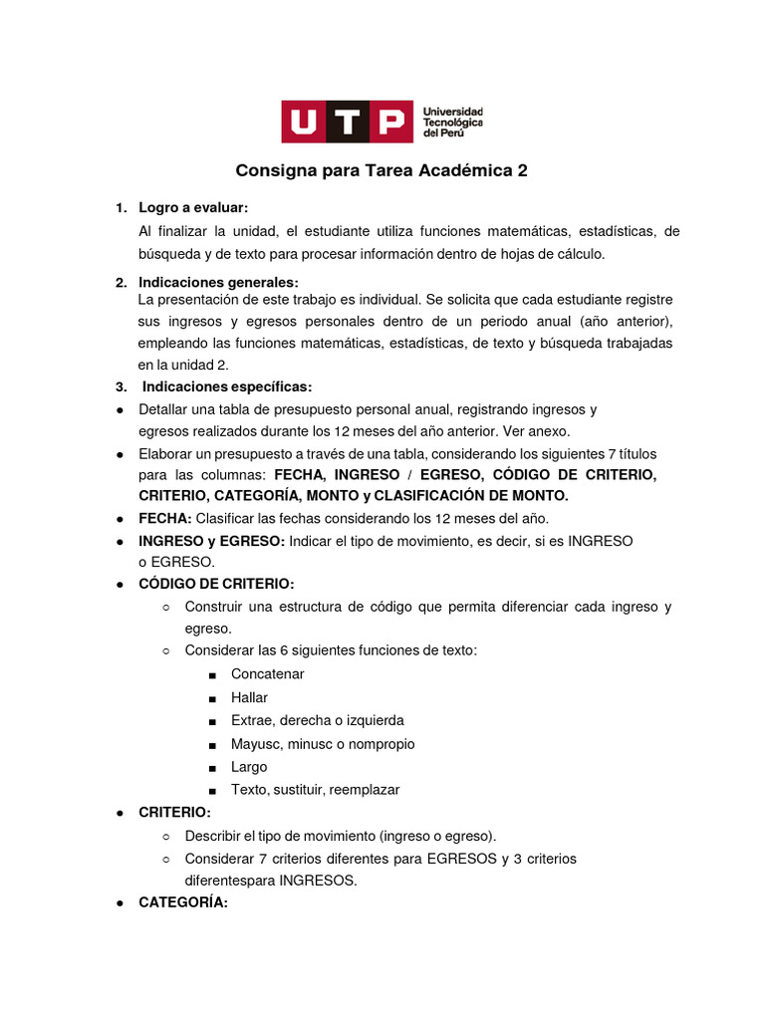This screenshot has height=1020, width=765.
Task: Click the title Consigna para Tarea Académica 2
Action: click(382, 170)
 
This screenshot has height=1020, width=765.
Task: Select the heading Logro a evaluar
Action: click(192, 207)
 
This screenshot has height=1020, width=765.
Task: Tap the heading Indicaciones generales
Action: click(218, 282)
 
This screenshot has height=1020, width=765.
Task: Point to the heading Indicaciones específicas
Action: click(227, 386)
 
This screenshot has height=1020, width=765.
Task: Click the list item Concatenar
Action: click(267, 674)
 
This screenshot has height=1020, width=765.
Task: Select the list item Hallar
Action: click(249, 697)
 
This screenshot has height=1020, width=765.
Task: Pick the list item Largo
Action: click(249, 767)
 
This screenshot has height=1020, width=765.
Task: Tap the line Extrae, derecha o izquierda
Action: click(317, 720)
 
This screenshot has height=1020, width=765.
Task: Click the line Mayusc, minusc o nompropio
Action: click(323, 744)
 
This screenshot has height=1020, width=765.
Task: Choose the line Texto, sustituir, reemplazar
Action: click(315, 790)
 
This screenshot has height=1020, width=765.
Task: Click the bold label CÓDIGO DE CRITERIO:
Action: click(216, 584)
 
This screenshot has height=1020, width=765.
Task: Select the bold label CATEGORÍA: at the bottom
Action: click(183, 903)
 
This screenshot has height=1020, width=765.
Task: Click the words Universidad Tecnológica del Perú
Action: click(452, 122)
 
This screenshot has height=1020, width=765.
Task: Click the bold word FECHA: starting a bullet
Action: click(164, 518)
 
